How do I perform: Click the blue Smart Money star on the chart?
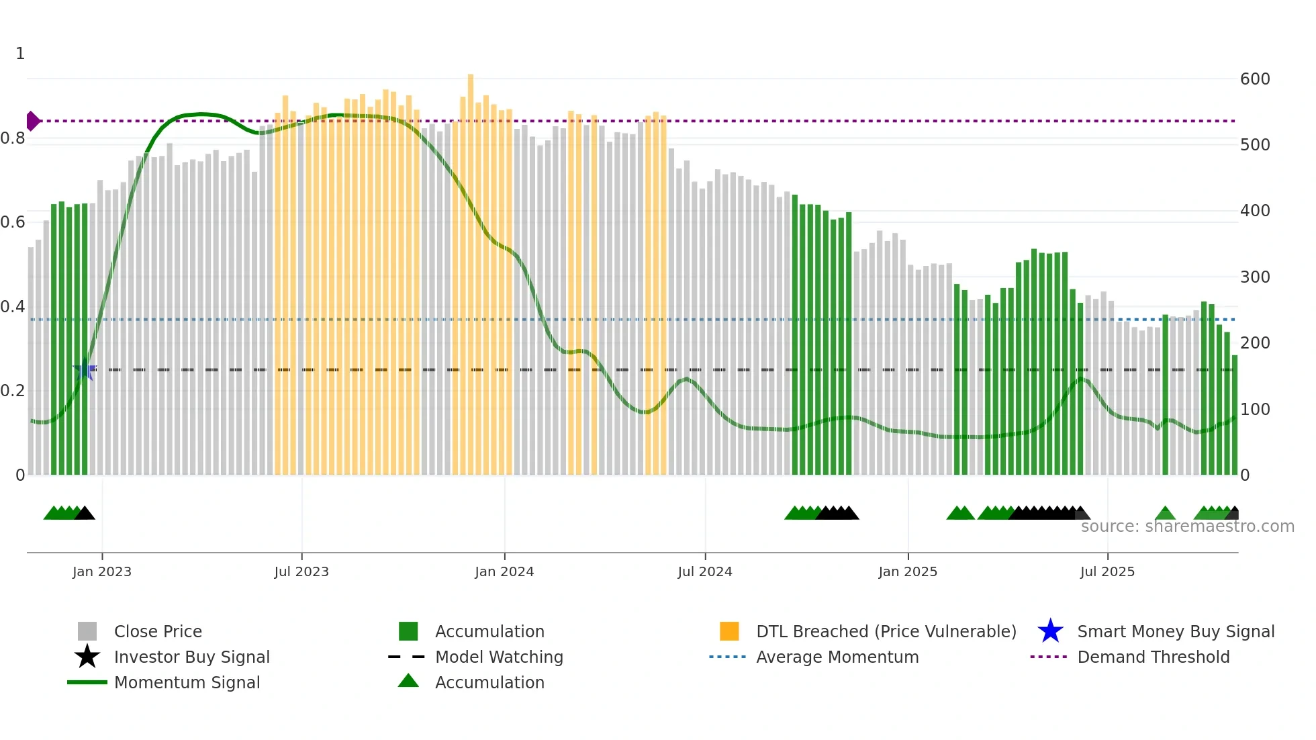pyautogui.click(x=85, y=369)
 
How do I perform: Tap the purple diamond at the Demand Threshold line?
pyautogui.click(x=32, y=121)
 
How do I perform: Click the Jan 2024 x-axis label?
pyautogui.click(x=504, y=571)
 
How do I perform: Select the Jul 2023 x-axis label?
pyautogui.click(x=301, y=571)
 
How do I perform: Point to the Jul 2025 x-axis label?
pyautogui.click(x=1107, y=571)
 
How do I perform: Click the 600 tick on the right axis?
pyautogui.click(x=1255, y=79)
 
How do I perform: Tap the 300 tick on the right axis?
pyautogui.click(x=1255, y=277)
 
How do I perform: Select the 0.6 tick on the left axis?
pyautogui.click(x=13, y=222)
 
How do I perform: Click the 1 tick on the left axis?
pyautogui.click(x=20, y=54)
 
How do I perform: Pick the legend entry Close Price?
pyautogui.click(x=158, y=631)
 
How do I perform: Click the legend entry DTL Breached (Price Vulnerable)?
pyautogui.click(x=886, y=631)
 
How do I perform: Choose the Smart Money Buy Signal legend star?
pyautogui.click(x=1050, y=631)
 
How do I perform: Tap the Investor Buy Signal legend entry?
pyautogui.click(x=191, y=657)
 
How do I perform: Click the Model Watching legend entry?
pyautogui.click(x=499, y=657)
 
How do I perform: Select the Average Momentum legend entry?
pyautogui.click(x=837, y=657)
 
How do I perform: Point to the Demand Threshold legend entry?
pyautogui.click(x=1153, y=657)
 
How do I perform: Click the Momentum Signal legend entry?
pyautogui.click(x=187, y=682)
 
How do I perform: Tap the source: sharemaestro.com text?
pyautogui.click(x=1187, y=526)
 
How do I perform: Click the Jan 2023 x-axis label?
pyautogui.click(x=102, y=571)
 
